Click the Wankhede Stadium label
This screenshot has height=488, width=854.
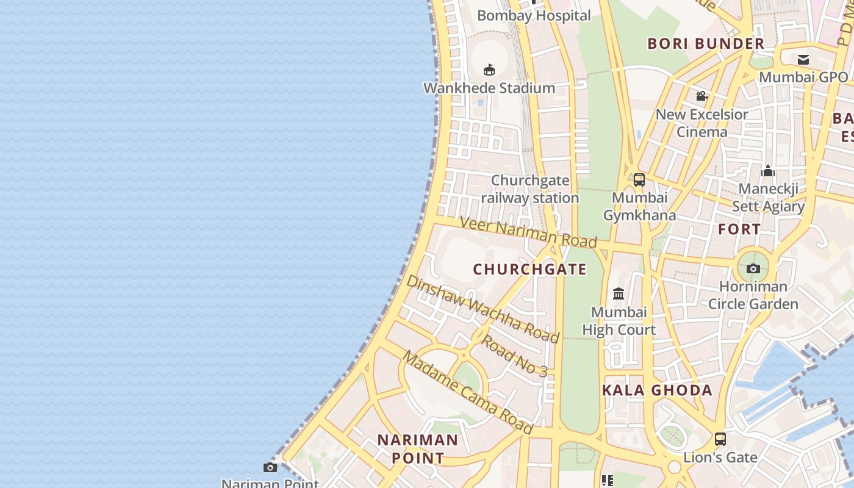[489, 88]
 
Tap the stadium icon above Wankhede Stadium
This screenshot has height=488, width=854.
[489, 70]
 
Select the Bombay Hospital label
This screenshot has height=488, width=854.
[534, 16]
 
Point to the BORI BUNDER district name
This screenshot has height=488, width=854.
[706, 43]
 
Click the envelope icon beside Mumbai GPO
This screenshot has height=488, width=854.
[803, 59]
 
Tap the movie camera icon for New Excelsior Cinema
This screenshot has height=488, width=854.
[701, 96]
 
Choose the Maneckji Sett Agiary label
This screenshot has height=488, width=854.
[768, 197]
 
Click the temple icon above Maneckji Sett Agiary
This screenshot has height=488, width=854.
[768, 171]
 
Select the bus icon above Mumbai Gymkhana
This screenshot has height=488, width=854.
[639, 180]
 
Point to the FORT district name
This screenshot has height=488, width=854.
[739, 229]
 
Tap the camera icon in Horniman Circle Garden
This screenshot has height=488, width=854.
[753, 268]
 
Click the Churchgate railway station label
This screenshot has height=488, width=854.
[530, 189]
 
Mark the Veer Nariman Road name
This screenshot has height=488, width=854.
[528, 232]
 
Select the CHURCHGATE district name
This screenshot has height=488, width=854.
[529, 269]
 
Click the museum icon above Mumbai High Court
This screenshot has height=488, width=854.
[619, 294]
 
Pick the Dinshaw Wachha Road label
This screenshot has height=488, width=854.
[483, 309]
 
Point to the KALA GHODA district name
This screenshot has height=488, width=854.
[657, 390]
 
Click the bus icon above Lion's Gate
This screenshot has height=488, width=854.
[720, 439]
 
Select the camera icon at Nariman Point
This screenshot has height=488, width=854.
[270, 467]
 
